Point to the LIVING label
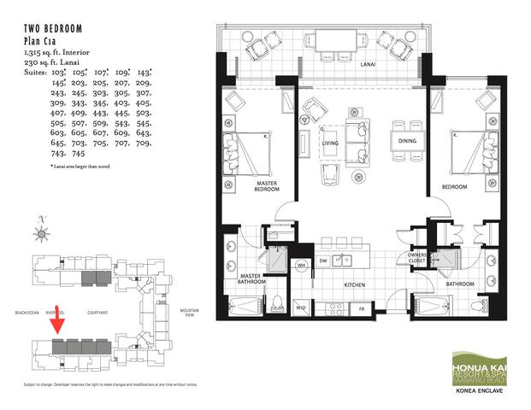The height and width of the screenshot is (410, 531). [330, 143]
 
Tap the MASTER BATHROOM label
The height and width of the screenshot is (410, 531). [252, 278]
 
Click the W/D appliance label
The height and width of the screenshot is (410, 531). [300, 307]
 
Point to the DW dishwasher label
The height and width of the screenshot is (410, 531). [323, 261]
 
